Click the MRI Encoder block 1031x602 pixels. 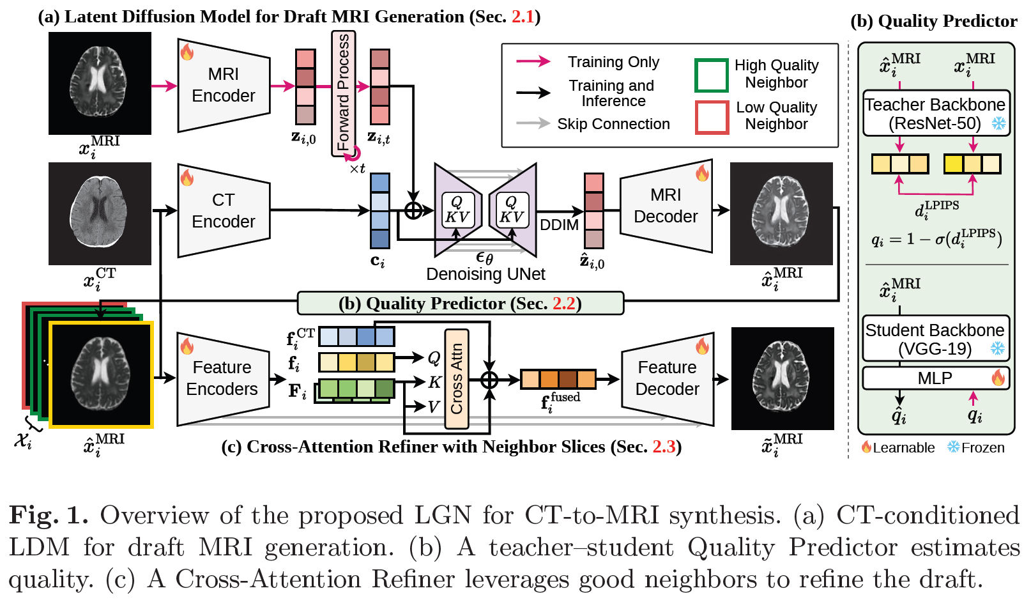pos(224,85)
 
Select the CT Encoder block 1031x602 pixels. pos(224,210)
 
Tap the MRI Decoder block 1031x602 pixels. pos(666,206)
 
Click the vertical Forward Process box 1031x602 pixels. pos(344,93)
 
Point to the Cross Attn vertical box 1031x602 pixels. pos(457,378)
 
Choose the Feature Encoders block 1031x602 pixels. pos(223,378)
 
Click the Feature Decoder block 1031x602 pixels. pos(668,378)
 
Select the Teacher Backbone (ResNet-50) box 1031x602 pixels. pos(936,113)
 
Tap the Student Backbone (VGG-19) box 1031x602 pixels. pos(936,339)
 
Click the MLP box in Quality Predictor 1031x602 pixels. pos(936,378)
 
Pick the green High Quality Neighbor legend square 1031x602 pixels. pos(712,75)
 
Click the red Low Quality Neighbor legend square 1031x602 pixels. pos(712,118)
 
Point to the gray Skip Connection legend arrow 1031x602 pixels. pos(533,123)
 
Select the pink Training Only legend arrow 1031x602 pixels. pos(533,61)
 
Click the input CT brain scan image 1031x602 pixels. pos(100,213)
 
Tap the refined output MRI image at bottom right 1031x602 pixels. pos(783,378)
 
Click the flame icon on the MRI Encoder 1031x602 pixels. pos(187,52)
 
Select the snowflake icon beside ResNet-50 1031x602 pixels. pos(998,123)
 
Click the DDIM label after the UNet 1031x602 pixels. pos(559,225)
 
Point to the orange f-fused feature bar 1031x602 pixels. pos(558,379)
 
